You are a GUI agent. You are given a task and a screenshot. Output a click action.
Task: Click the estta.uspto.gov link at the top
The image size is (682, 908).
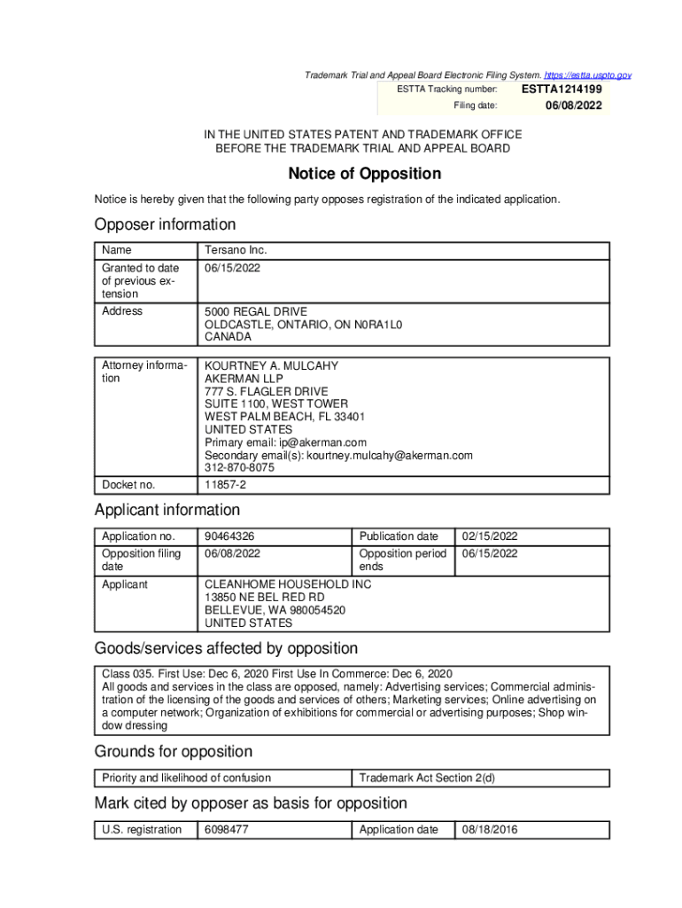(x=588, y=76)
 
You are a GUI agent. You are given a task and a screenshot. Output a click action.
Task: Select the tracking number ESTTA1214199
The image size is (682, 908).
(x=561, y=90)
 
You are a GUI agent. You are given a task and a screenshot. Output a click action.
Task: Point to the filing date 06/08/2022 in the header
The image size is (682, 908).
(x=573, y=106)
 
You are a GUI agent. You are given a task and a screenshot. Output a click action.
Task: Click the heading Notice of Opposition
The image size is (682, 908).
(x=364, y=174)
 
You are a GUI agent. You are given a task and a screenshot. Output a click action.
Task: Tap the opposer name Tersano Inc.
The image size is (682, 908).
(x=236, y=251)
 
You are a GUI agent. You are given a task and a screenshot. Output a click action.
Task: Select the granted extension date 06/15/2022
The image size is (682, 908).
(x=232, y=268)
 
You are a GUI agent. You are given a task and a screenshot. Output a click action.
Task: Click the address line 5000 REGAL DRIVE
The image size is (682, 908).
(x=256, y=312)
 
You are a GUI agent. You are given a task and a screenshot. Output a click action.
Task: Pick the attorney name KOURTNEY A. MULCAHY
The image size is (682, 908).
(x=271, y=366)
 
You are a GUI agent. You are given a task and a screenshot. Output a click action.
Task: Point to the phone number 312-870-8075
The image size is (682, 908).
(x=239, y=467)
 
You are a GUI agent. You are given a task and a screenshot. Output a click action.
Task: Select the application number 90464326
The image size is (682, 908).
(x=231, y=536)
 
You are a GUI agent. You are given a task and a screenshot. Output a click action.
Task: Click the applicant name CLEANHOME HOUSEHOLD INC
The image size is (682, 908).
(x=288, y=585)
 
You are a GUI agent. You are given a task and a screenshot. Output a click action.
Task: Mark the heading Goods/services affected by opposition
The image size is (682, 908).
(x=226, y=648)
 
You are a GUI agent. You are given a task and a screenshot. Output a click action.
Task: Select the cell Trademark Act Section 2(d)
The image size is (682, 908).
(x=427, y=779)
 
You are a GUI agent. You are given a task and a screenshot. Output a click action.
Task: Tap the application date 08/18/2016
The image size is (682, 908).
(x=490, y=830)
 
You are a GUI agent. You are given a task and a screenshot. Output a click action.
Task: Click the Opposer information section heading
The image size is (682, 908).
(x=166, y=224)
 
